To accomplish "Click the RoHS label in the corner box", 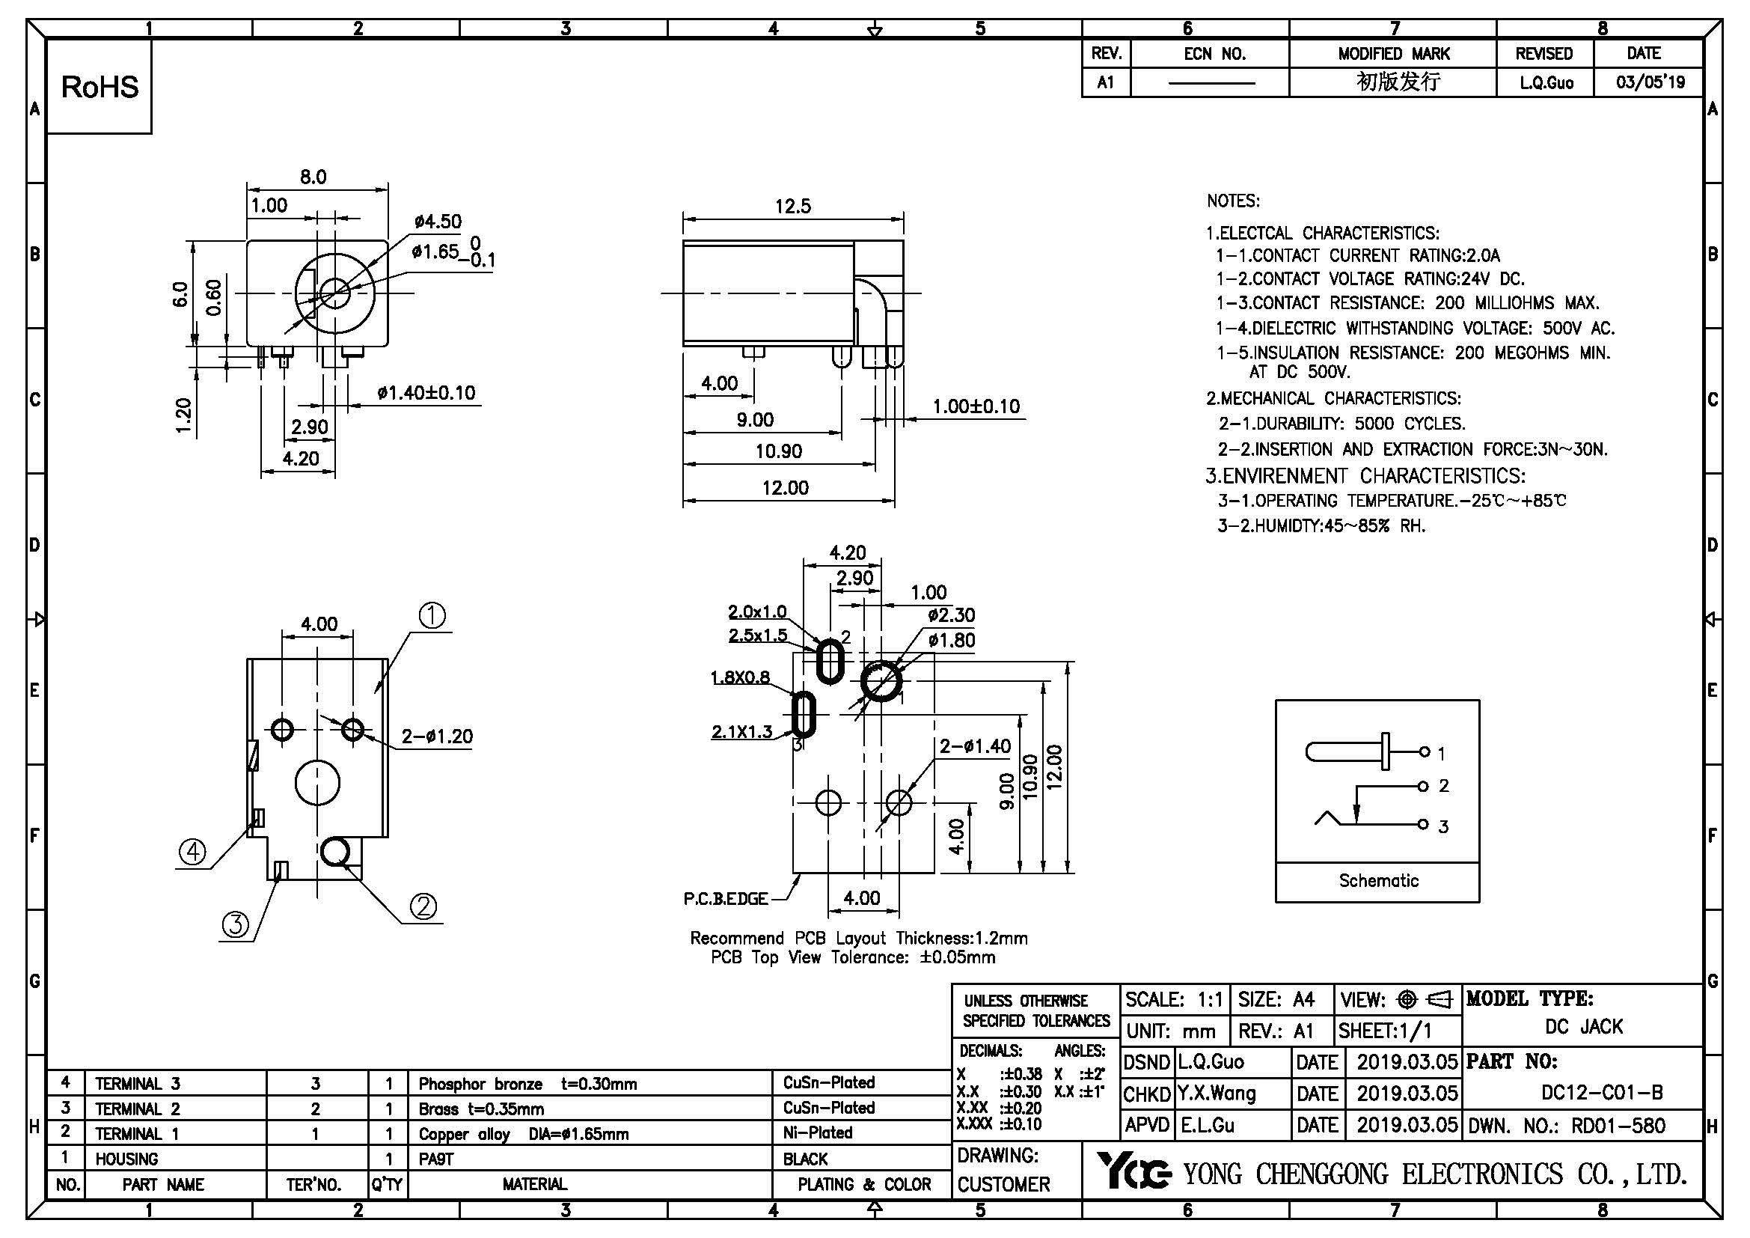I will point(100,87).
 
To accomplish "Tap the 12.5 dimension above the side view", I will point(792,206).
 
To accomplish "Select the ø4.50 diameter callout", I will point(438,222).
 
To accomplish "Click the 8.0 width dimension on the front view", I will point(313,177).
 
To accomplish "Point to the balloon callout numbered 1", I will point(432,615).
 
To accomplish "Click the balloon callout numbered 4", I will point(192,851).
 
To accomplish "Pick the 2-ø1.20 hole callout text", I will point(437,737).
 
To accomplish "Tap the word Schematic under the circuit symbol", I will point(1378,880).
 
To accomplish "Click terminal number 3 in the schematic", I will point(1442,826).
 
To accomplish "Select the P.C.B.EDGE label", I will point(725,899).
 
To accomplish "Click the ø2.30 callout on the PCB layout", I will point(951,615).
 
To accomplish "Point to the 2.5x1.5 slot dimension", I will point(758,635).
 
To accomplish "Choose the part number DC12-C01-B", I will point(1602,1092).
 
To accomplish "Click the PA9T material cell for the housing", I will point(436,1159).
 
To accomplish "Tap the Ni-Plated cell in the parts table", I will point(817,1132).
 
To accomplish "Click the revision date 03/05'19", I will point(1650,82).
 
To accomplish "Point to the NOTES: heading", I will point(1232,201).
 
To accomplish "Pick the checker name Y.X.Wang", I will point(1217,1093).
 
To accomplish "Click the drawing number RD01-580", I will point(1618,1125).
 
